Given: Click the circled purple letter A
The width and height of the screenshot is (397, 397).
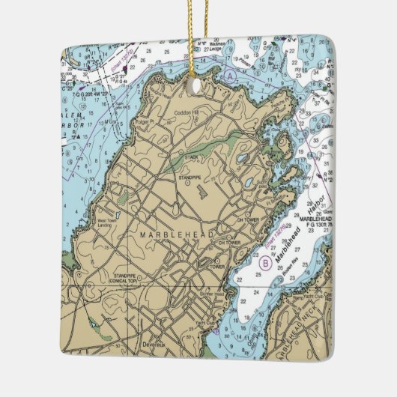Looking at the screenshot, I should [x=231, y=76].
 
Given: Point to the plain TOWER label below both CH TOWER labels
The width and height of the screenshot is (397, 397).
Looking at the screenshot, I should [x=218, y=266].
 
